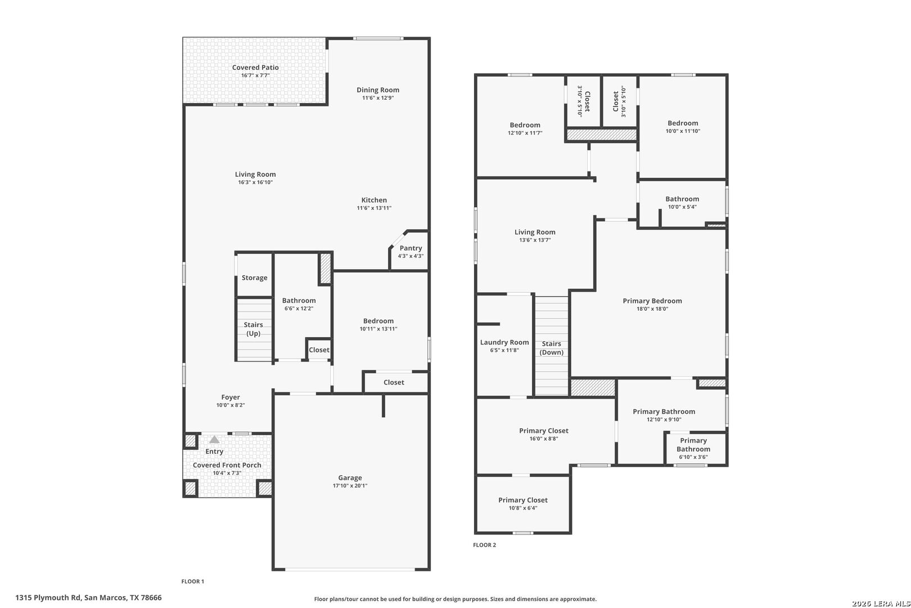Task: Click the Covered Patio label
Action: coord(255,68)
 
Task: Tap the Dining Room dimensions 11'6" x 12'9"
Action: coord(378,98)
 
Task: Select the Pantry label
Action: coord(411,248)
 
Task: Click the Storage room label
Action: coord(255,278)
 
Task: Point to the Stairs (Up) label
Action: coord(253,329)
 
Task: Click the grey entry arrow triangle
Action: coord(214,440)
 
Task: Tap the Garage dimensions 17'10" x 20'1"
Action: coord(350,485)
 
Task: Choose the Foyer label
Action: coord(231,397)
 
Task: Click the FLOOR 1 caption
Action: coord(193,581)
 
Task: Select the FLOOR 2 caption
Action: coord(484,545)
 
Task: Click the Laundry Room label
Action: coord(504,342)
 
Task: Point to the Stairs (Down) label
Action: coord(552,348)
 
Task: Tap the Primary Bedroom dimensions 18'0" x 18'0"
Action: coord(652,309)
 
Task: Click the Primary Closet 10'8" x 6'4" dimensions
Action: coord(523,508)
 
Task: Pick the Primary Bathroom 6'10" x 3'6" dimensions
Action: coord(693,457)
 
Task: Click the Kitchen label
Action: coord(374,200)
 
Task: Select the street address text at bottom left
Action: coord(89,597)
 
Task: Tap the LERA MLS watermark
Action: coord(881,603)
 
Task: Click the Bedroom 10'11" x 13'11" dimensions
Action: coord(378,329)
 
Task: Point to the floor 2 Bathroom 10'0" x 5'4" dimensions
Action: coord(683,207)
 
